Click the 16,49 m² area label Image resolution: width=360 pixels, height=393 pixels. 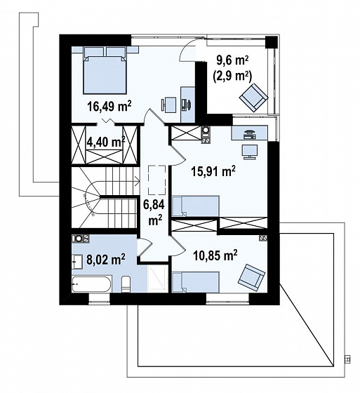109,106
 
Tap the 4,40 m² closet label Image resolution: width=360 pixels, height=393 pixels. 105,142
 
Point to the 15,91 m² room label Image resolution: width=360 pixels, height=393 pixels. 213,171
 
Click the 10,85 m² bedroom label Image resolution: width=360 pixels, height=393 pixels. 215,255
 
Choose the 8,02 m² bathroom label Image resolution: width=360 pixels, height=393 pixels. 106,259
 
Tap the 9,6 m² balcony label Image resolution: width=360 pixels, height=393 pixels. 232,61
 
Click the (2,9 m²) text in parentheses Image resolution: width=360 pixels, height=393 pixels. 232,76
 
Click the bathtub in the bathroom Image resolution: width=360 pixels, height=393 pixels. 91,284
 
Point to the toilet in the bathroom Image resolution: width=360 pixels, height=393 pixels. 126,284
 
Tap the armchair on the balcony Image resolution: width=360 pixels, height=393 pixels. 254,98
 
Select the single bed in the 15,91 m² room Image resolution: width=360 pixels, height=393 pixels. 196,206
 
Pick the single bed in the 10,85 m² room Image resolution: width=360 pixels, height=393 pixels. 196,282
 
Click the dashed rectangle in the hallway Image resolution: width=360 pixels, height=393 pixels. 157,180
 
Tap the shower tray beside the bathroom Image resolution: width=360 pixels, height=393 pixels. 157,279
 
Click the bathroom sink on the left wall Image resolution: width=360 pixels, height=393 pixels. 77,262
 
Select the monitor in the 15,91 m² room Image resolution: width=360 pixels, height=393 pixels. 249,152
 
